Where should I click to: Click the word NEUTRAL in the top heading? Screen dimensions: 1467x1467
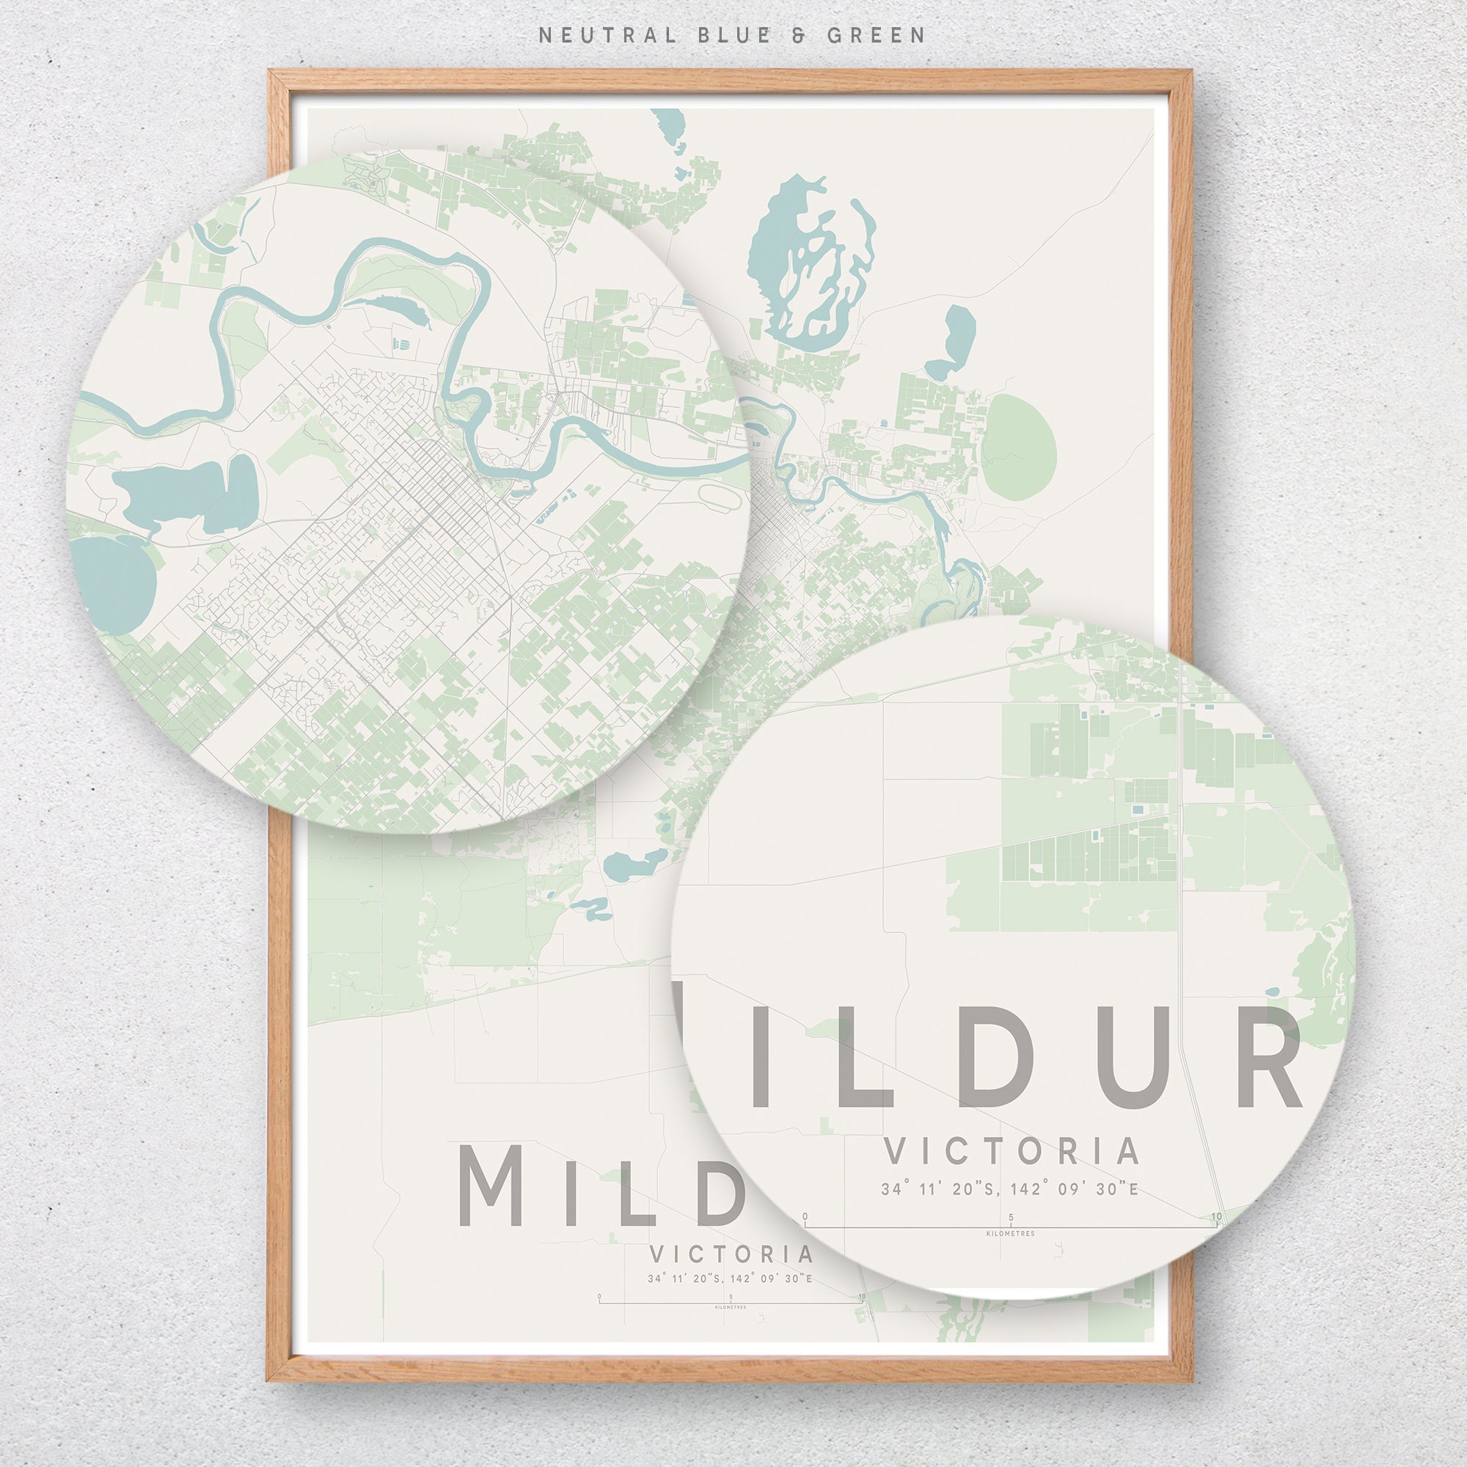tap(607, 35)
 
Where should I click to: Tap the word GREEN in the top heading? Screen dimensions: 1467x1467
tap(877, 35)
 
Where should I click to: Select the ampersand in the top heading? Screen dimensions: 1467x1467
tap(798, 35)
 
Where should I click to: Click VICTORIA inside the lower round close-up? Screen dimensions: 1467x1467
tap(1011, 1151)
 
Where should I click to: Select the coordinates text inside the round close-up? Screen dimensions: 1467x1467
tap(1010, 1190)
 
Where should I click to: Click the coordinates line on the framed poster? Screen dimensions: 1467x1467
tap(730, 1278)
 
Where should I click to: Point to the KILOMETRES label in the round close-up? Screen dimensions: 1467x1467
tap(1010, 1234)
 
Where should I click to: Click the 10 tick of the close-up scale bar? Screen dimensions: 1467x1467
tap(1216, 1217)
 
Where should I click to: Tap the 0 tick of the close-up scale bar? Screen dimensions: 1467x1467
tap(805, 1217)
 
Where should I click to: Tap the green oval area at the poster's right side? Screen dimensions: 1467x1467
tap(1019, 447)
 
